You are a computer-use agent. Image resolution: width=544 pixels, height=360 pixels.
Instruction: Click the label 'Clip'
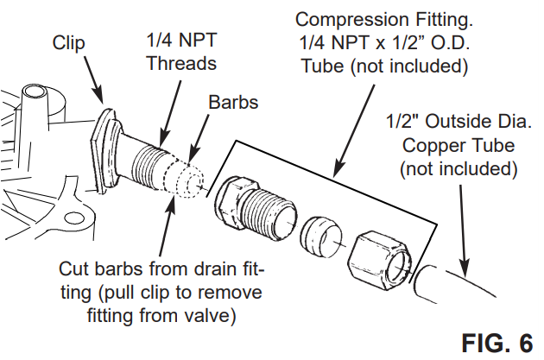68,43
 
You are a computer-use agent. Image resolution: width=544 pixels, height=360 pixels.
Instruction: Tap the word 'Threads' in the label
181,63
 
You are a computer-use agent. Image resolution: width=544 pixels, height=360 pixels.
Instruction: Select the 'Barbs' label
232,102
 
